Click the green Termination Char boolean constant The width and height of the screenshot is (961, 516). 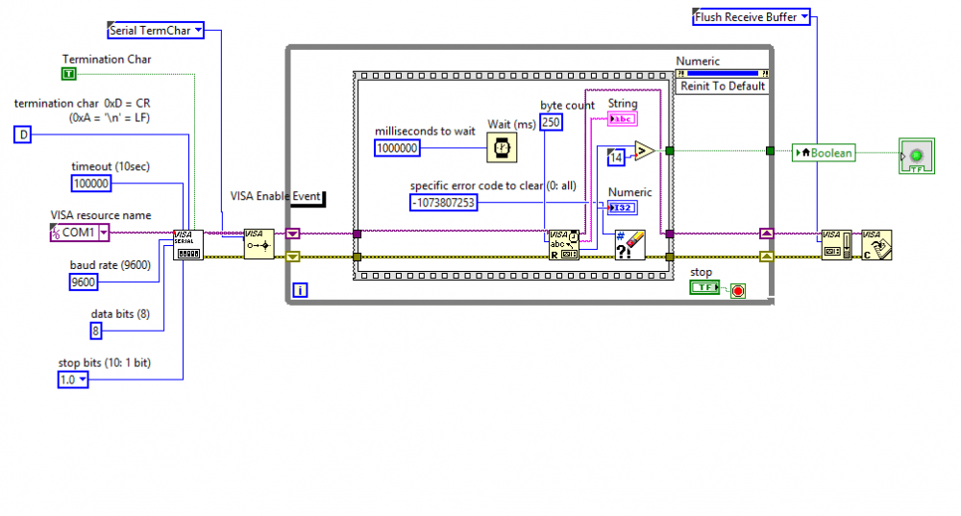point(68,74)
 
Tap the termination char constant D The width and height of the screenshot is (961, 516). point(24,135)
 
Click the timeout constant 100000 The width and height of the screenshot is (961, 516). point(91,184)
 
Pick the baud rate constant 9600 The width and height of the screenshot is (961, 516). point(84,282)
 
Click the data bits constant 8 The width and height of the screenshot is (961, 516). point(96,331)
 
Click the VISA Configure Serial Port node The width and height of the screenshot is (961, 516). point(188,245)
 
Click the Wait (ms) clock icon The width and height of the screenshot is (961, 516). point(501,147)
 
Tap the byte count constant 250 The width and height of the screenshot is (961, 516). point(551,122)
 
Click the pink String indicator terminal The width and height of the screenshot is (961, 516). point(623,119)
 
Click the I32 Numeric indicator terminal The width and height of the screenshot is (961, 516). point(623,209)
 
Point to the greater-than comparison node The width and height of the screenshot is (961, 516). point(644,151)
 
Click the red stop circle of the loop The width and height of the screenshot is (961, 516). point(738,290)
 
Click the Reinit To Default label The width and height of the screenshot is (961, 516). point(723,86)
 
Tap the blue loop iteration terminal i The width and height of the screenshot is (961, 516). point(300,289)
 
